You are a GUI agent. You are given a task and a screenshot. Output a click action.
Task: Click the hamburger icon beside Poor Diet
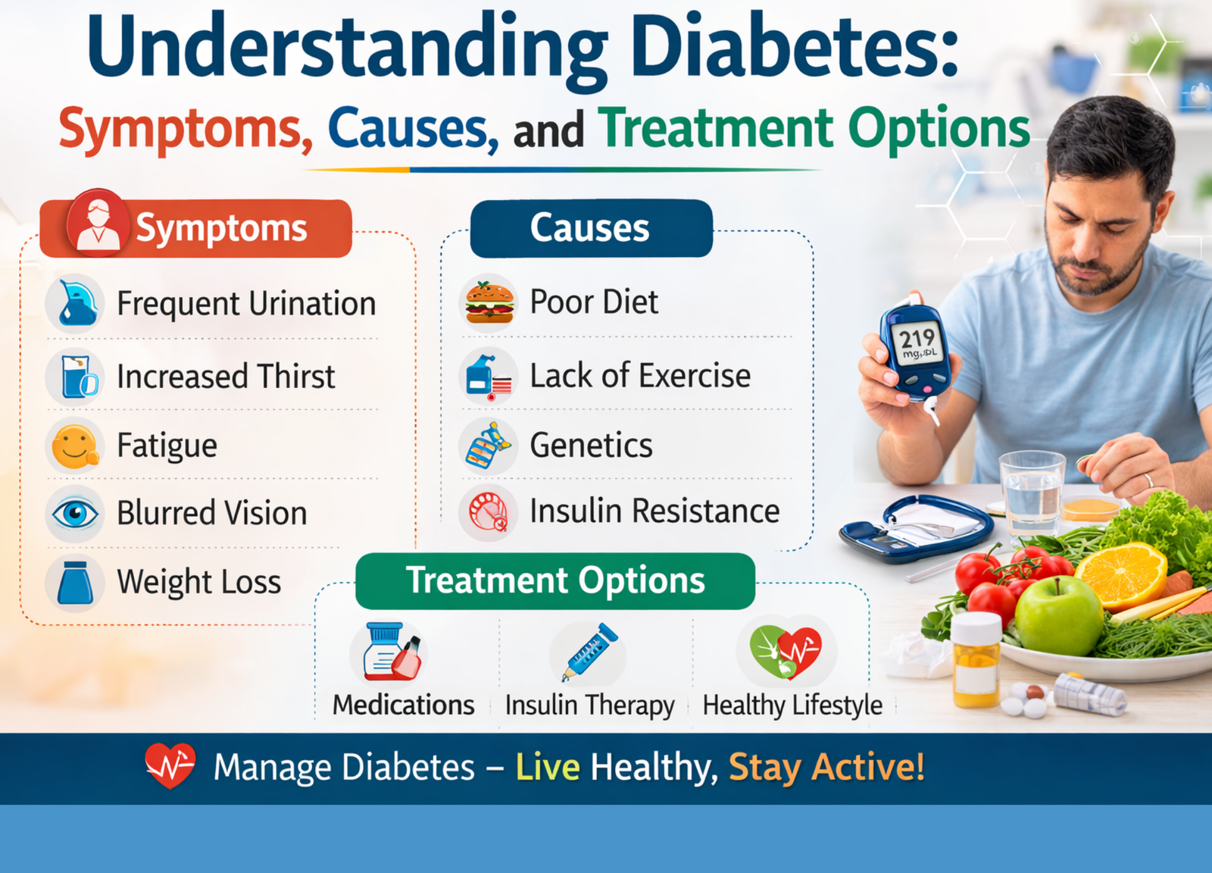[x=489, y=302]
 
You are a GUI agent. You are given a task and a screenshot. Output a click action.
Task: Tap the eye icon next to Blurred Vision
[x=75, y=513]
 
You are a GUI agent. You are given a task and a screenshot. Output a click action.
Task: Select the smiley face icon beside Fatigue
[x=75, y=446]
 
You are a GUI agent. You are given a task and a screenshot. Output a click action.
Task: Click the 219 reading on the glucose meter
[x=917, y=339]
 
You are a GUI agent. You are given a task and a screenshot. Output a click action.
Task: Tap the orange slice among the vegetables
[x=1121, y=574]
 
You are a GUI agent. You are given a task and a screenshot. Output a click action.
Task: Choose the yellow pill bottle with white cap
[x=976, y=659]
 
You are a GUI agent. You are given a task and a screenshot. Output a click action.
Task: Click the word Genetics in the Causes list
[x=591, y=446]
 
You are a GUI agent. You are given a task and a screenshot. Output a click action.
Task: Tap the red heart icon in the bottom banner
[x=170, y=765]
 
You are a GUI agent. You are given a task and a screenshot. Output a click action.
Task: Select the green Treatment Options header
[x=555, y=580]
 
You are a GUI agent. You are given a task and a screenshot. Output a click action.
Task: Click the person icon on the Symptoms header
[x=98, y=223]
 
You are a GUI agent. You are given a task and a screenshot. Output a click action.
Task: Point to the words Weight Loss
[x=199, y=582]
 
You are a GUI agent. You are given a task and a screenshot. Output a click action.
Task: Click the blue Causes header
[x=592, y=228]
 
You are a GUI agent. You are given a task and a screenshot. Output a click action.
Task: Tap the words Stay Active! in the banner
[x=826, y=767]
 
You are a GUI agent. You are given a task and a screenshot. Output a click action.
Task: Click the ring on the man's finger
[x=1147, y=480]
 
